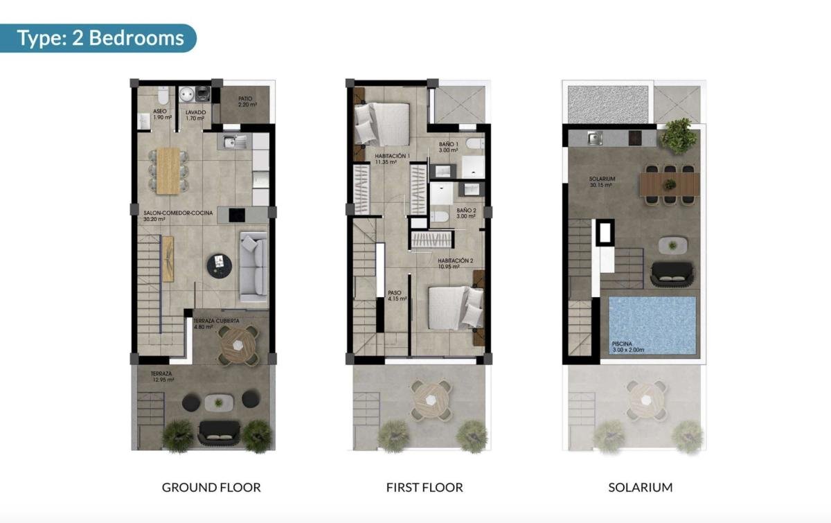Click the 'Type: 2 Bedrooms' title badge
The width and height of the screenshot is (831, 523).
coord(100,37)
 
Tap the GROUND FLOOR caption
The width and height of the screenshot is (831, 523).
coord(211,487)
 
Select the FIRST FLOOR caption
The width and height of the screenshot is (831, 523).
coord(425,487)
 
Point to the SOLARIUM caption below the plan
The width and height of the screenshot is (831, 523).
coord(641,487)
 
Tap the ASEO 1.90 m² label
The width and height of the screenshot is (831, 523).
coord(161,115)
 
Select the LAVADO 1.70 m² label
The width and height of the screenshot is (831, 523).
coord(194,115)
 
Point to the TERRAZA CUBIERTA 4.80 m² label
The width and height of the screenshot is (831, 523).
coord(217,324)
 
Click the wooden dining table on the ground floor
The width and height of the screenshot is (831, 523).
coord(168,170)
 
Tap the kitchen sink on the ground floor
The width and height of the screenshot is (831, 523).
coord(235,143)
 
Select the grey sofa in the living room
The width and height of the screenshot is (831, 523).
coord(254,267)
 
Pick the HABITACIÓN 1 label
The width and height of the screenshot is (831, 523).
coord(393,159)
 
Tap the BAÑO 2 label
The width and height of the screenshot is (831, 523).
coord(467,213)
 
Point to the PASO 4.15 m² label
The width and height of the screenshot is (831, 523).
coord(396,296)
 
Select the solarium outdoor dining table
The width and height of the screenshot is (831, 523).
coord(669,184)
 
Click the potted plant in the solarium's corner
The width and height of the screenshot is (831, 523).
coord(679,135)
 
